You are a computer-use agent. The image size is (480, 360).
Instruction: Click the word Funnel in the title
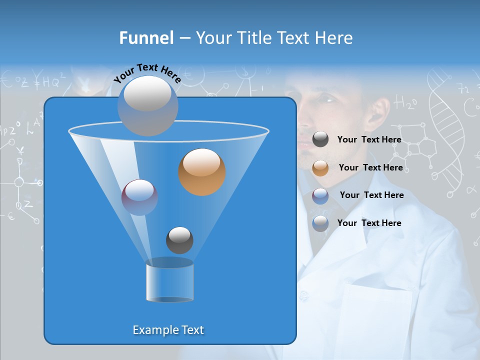[x=146, y=38]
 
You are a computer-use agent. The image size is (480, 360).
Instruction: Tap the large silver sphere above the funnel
[x=147, y=105]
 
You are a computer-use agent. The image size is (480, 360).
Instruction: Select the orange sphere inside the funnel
[x=202, y=172]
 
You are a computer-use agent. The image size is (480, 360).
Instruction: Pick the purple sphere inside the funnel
[x=139, y=197]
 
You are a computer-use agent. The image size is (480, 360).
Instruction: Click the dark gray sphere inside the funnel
[x=179, y=240]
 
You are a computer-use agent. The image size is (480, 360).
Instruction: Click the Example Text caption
[x=168, y=330]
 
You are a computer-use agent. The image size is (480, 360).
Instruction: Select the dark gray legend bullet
[x=320, y=139]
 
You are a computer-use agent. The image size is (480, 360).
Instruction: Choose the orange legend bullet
[x=320, y=167]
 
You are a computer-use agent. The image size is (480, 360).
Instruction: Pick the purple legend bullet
[x=320, y=195]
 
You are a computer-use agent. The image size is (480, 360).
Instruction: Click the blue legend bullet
[x=320, y=223]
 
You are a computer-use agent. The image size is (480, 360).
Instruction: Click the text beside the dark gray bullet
[x=369, y=140]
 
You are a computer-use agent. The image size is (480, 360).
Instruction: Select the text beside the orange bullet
[x=370, y=167]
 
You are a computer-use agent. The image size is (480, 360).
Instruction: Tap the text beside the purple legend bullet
[x=371, y=195]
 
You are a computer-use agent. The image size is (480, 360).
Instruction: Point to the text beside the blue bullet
[x=369, y=223]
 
